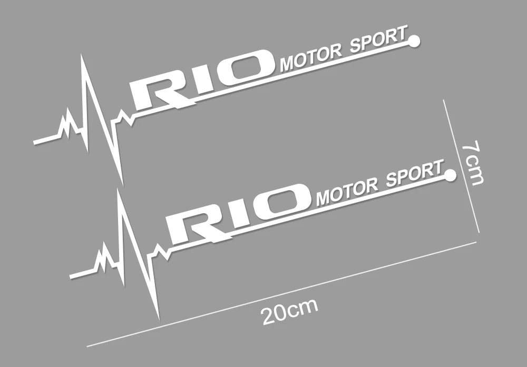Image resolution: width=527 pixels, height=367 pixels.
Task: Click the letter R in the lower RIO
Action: coord(194,223)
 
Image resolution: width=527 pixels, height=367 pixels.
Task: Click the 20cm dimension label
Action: coord(289,312)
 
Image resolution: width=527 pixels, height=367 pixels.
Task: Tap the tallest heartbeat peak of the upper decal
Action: coord(82,55)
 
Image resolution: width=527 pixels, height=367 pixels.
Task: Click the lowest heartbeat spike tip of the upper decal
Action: coord(122,184)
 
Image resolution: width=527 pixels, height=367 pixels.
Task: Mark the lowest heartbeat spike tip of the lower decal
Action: coord(159,318)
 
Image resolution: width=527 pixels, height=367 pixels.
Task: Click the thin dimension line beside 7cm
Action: coord(461,165)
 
